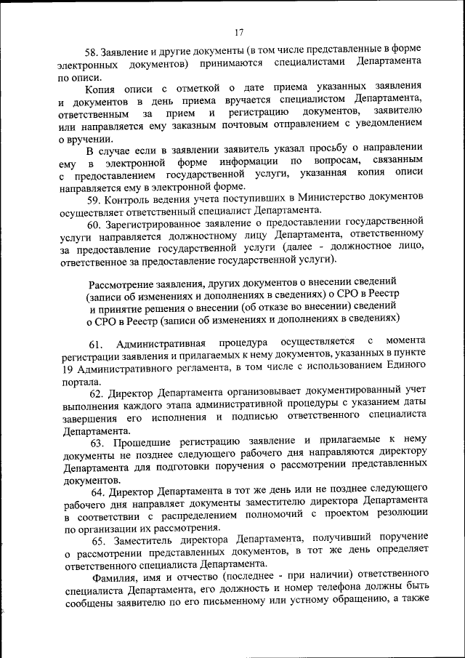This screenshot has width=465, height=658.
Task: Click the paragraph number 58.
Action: tap(92, 52)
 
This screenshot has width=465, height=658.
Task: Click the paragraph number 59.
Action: tap(93, 199)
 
